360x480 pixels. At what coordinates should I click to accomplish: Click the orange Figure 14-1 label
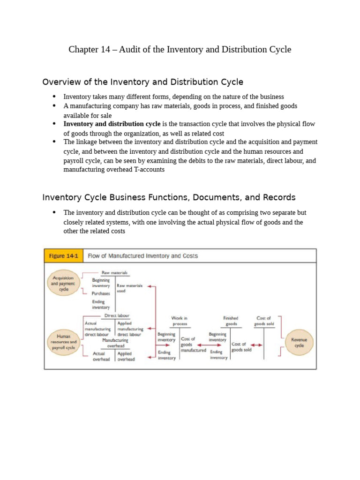click(x=62, y=256)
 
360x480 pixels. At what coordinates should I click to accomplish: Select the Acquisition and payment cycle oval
click(x=63, y=283)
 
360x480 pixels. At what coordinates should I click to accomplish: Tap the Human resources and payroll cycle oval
click(x=63, y=342)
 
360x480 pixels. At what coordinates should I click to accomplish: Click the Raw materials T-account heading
click(x=114, y=272)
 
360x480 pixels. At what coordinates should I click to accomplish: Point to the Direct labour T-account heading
click(x=117, y=316)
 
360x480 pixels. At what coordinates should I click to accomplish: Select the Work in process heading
click(x=180, y=321)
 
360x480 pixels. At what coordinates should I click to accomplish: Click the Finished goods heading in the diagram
click(x=231, y=321)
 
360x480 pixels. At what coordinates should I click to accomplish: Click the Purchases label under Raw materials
click(x=101, y=293)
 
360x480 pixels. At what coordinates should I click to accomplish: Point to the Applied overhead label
click(x=126, y=357)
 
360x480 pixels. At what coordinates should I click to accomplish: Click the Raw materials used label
click(x=129, y=288)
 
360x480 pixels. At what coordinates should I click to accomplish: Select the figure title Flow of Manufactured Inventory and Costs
click(x=143, y=256)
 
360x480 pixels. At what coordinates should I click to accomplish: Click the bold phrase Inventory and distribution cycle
click(x=112, y=124)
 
